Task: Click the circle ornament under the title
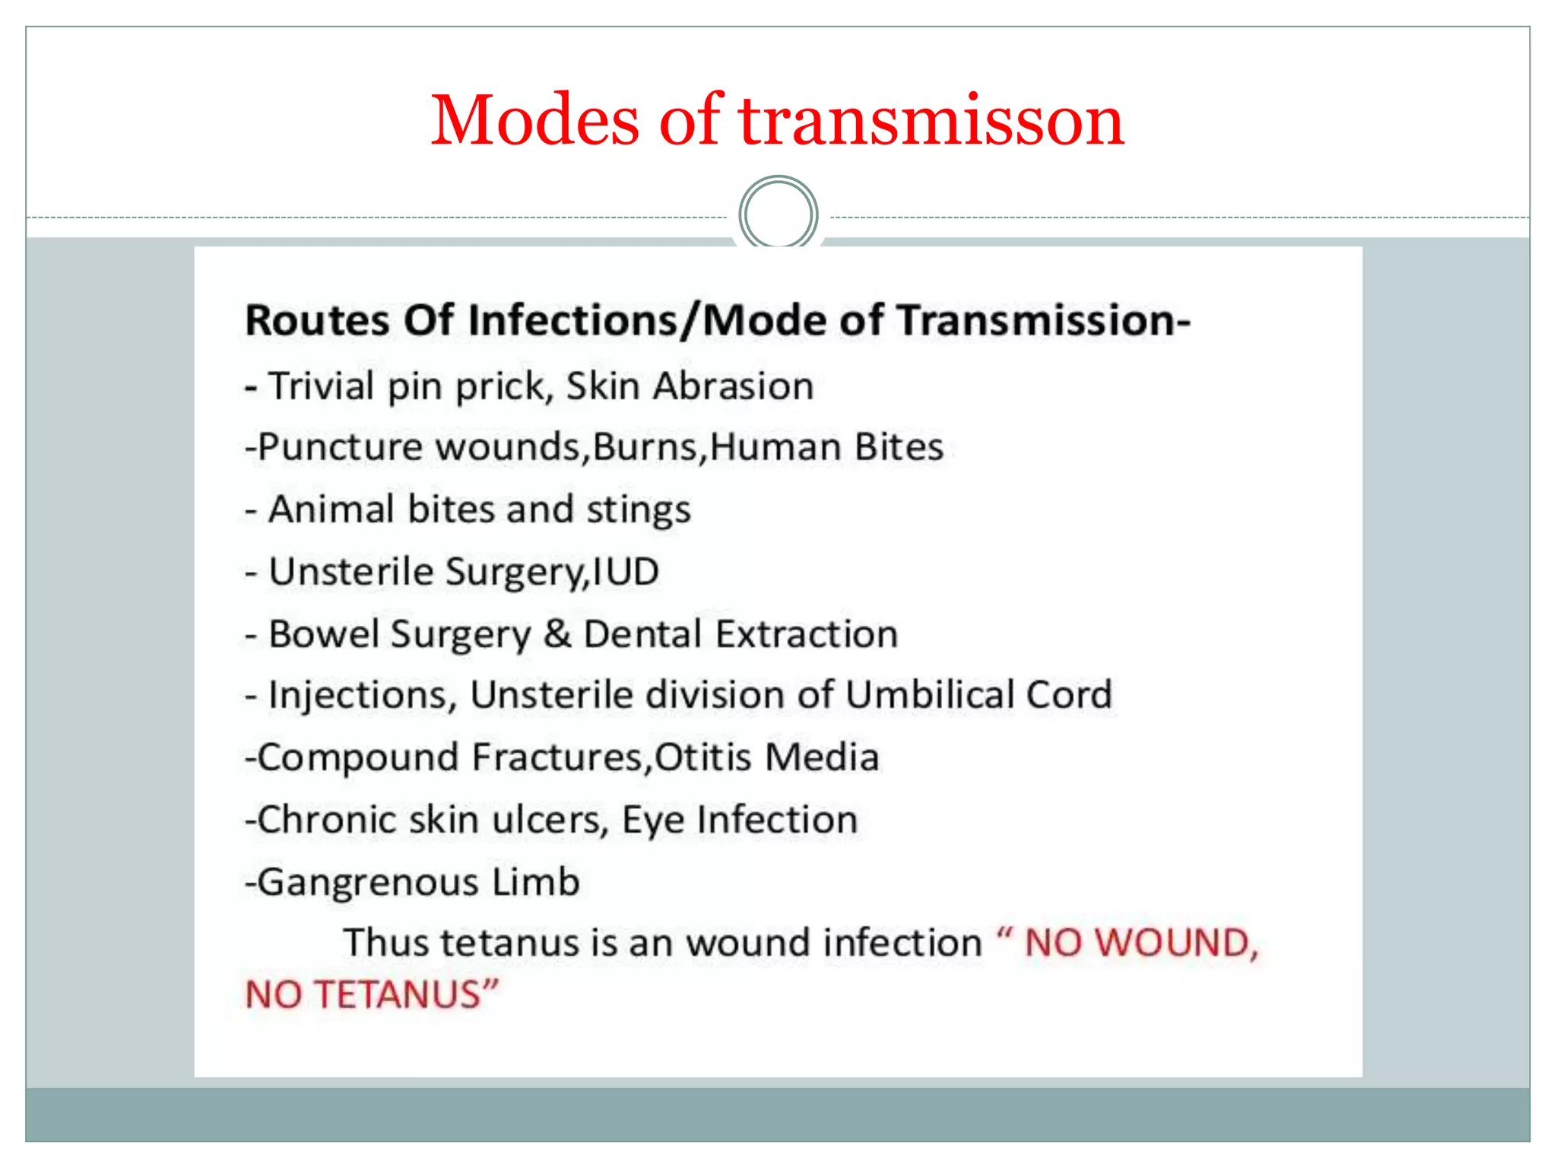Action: (x=778, y=214)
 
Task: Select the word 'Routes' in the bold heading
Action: (x=317, y=320)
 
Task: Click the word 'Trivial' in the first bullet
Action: (x=321, y=386)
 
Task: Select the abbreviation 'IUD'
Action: (x=626, y=572)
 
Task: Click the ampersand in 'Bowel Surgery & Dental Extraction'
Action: (x=557, y=634)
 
